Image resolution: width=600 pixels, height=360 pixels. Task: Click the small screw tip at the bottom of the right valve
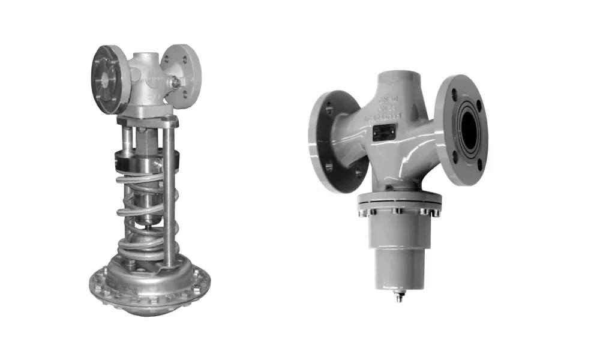398,296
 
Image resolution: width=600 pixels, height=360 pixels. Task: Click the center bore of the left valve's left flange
107,80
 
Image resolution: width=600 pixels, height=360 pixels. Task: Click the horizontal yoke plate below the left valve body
147,122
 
